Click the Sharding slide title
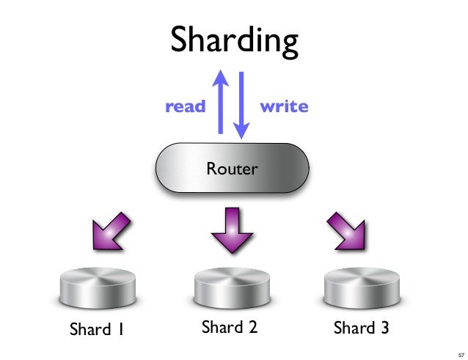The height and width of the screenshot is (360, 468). (x=234, y=42)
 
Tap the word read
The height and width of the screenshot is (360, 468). (x=186, y=106)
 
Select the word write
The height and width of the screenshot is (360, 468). (x=284, y=106)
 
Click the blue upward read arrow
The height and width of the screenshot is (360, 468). (x=221, y=102)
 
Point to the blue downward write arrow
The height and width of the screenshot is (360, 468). (x=241, y=106)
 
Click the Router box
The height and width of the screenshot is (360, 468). (x=233, y=168)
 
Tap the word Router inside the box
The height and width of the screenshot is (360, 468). (x=233, y=169)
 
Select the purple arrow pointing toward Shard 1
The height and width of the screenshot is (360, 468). (x=111, y=232)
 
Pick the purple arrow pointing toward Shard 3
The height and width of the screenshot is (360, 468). (x=347, y=232)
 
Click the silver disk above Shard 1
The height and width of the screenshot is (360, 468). (x=98, y=287)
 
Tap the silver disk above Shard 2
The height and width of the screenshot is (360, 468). (x=232, y=287)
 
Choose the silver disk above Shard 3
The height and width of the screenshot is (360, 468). (x=362, y=287)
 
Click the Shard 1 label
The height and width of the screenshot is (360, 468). (x=96, y=329)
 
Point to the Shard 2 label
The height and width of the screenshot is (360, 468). (x=230, y=326)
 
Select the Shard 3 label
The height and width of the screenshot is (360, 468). (x=361, y=328)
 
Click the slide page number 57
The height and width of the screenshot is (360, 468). (x=461, y=355)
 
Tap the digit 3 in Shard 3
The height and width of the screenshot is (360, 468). (x=384, y=328)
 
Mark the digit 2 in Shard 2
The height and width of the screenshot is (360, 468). (x=253, y=326)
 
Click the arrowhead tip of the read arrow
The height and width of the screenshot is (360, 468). (x=221, y=70)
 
